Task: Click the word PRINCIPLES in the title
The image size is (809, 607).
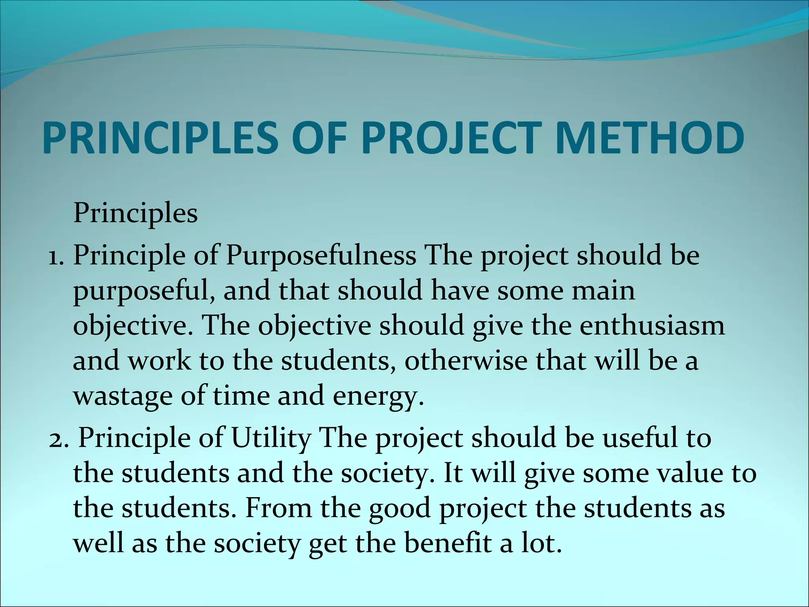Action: [x=160, y=138]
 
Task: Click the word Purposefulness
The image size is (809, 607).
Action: [x=321, y=256]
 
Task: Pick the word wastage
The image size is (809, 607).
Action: [x=123, y=396]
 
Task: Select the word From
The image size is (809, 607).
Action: [x=279, y=508]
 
